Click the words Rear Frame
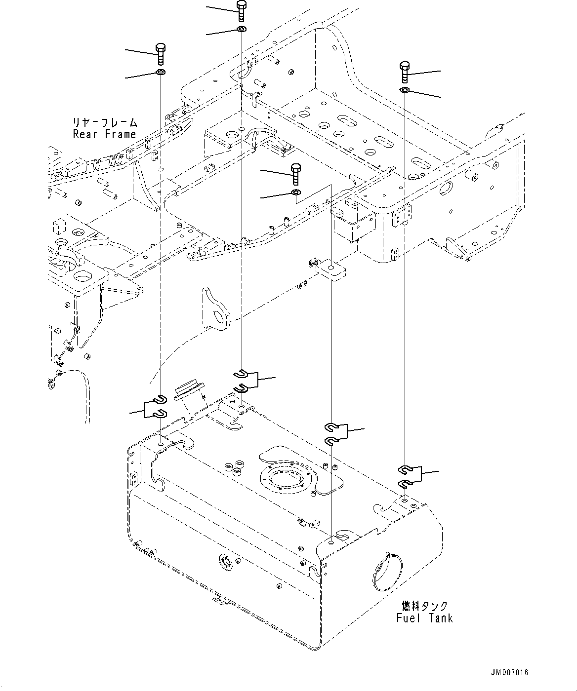(104, 134)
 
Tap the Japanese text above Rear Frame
(105, 122)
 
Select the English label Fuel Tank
(425, 618)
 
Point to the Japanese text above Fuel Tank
(425, 606)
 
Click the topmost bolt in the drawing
(242, 11)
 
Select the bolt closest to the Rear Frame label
(161, 54)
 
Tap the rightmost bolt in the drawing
(405, 72)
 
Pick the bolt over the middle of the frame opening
(296, 174)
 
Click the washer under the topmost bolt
(242, 29)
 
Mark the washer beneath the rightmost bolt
(405, 90)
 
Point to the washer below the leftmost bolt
(161, 72)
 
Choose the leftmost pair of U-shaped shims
(155, 406)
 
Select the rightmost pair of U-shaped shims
(409, 476)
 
